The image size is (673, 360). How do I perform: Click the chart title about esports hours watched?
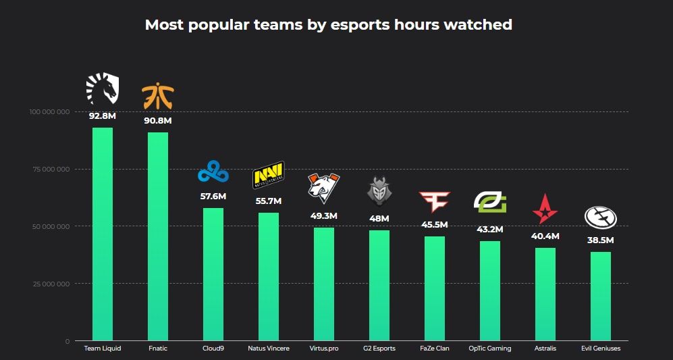pyautogui.click(x=329, y=25)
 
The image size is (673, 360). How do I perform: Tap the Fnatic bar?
pyautogui.click(x=158, y=236)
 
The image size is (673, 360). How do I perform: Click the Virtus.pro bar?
pyautogui.click(x=324, y=284)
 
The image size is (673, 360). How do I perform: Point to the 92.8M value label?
pyautogui.click(x=103, y=115)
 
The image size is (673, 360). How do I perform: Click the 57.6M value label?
pyautogui.click(x=213, y=196)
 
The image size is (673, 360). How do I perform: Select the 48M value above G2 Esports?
pyautogui.click(x=379, y=219)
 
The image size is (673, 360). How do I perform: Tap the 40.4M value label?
pyautogui.click(x=545, y=236)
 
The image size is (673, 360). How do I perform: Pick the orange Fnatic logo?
pyautogui.click(x=158, y=97)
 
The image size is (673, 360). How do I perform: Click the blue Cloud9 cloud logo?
pyautogui.click(x=213, y=172)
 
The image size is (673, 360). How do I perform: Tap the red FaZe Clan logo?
pyautogui.click(x=434, y=201)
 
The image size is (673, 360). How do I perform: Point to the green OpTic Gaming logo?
pyautogui.click(x=490, y=202)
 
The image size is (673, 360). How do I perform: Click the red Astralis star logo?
pyautogui.click(x=545, y=209)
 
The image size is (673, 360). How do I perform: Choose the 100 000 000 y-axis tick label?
pyautogui.click(x=49, y=111)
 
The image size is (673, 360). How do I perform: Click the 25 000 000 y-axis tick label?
pyautogui.click(x=51, y=284)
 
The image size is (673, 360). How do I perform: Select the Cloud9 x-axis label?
pyautogui.click(x=213, y=349)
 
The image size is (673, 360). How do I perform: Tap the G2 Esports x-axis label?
pyautogui.click(x=379, y=349)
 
